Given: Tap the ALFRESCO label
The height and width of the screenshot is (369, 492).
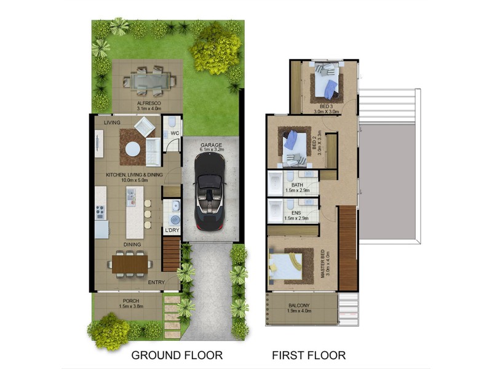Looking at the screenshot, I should [148, 103].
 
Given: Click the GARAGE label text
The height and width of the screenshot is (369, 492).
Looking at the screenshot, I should [210, 146].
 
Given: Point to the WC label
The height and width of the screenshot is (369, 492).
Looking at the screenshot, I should [174, 133].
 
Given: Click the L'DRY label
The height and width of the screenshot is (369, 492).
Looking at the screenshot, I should [172, 231].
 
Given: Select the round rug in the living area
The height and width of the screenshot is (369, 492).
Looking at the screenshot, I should [132, 149].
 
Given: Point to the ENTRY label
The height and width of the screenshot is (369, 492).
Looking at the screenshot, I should [157, 283].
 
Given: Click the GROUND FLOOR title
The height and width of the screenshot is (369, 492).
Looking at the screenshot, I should [177, 355].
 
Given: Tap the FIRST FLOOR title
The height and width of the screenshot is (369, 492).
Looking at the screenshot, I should [309, 355].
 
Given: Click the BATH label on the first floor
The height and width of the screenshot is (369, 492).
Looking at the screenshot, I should [297, 184].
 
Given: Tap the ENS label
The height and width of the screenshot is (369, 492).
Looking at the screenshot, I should [296, 213].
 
